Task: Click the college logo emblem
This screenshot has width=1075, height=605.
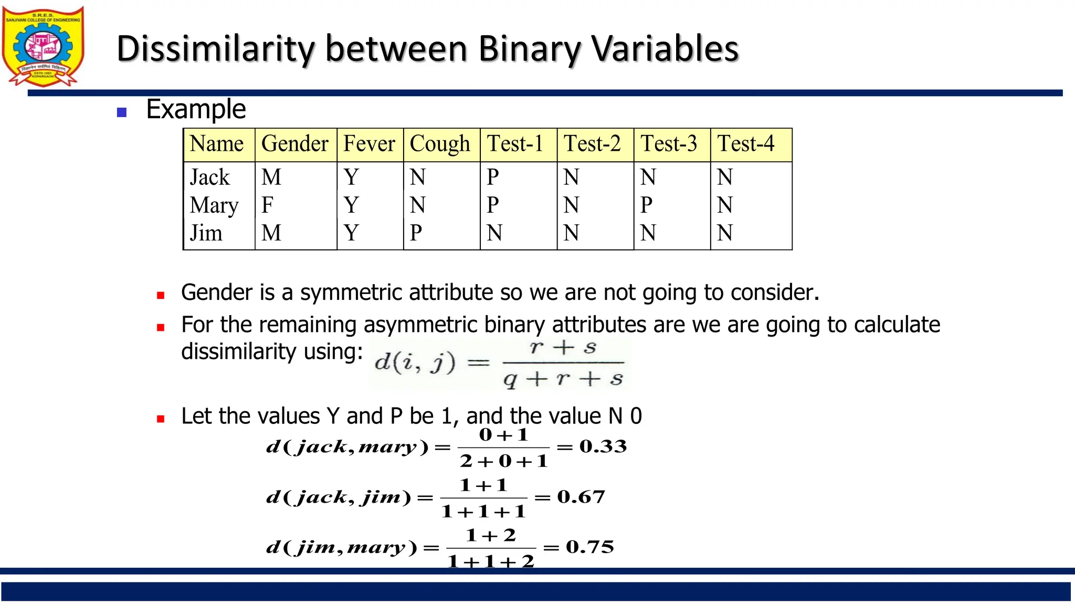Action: point(43,46)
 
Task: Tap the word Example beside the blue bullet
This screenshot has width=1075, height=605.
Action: point(196,109)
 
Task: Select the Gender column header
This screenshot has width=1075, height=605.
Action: point(294,144)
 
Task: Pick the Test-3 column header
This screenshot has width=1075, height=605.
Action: point(669,144)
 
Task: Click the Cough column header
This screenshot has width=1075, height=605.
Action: point(440,144)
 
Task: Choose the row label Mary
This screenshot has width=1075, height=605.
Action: point(214,205)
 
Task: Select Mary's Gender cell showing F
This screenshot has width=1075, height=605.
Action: point(267,205)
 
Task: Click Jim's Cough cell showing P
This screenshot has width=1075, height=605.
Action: point(416,233)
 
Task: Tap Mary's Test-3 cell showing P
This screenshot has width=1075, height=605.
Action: point(646,205)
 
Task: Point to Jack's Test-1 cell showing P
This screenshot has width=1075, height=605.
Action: point(492,178)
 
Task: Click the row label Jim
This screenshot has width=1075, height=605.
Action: point(206,233)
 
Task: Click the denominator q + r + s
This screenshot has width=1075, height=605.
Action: point(563,379)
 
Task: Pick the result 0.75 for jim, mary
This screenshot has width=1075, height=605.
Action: point(589,547)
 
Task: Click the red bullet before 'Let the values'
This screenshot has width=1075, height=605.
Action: point(161,419)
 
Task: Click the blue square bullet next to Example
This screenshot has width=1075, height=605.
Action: point(122,112)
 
